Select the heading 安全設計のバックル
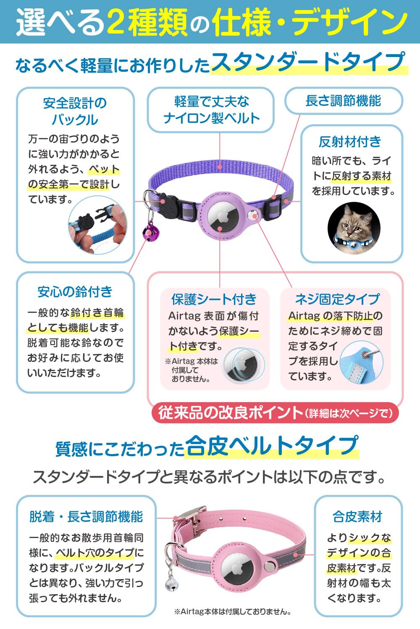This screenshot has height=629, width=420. coord(75,111)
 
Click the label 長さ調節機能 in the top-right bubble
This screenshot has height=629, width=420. coord(343,101)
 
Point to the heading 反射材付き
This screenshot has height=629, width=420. coord(350,142)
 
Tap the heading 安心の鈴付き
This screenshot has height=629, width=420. coord(75,292)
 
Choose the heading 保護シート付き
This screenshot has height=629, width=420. coord(214,299)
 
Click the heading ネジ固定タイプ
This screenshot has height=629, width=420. coord(337,299)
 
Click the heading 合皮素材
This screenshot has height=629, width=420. coord(357,517)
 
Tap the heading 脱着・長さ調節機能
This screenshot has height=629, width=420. coord(86,517)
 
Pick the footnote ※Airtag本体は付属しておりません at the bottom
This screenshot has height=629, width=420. coord(233,612)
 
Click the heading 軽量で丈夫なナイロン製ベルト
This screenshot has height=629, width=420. coord(211,110)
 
